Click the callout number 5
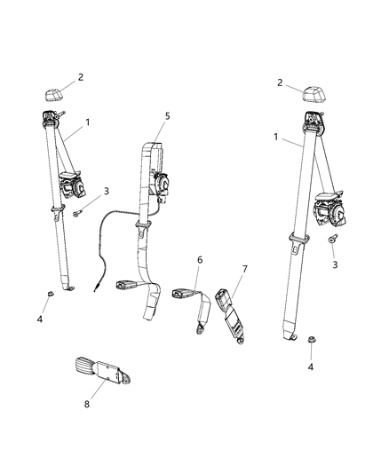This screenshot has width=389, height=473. (166, 115)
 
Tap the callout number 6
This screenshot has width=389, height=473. (200, 259)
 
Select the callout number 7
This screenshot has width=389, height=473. (245, 269)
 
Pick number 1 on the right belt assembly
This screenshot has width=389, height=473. (276, 138)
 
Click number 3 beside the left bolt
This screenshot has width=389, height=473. (107, 191)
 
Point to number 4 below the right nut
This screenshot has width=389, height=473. (311, 367)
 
